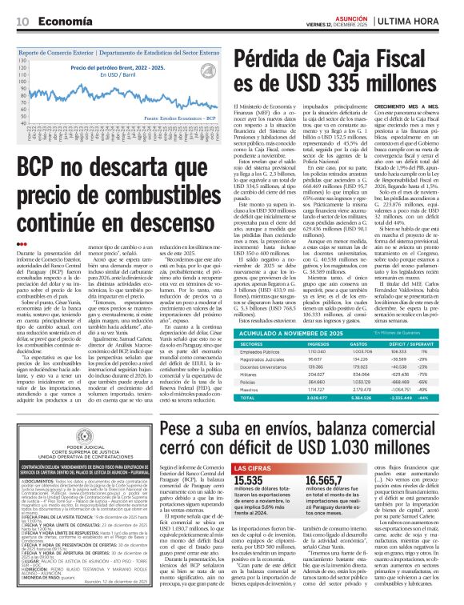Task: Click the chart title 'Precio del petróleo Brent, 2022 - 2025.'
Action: (x=116, y=68)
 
